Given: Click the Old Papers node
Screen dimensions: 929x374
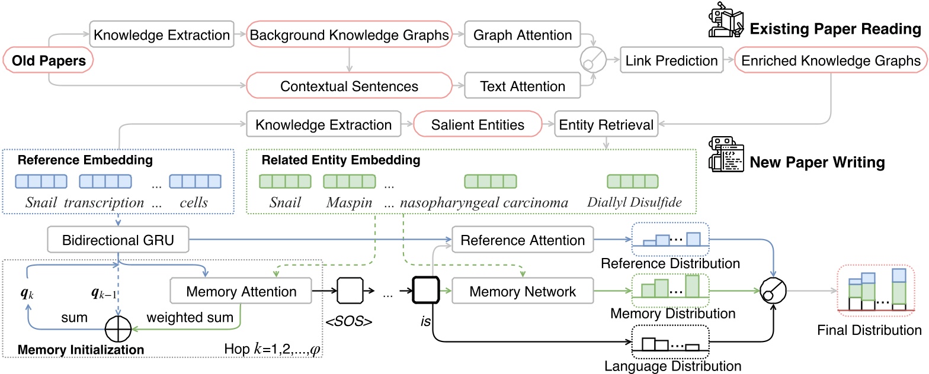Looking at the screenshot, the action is pyautogui.click(x=48, y=60).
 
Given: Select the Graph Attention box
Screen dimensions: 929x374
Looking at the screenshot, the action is pyautogui.click(x=522, y=34).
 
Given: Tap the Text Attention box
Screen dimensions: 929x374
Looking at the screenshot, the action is pyautogui.click(x=522, y=86).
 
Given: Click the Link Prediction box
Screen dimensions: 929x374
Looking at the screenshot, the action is pyautogui.click(x=671, y=60).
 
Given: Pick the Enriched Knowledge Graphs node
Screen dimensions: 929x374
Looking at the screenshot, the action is pyautogui.click(x=831, y=60).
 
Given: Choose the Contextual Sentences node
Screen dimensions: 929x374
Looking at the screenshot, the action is pyautogui.click(x=349, y=86).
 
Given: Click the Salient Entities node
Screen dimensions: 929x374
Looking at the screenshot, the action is pyautogui.click(x=478, y=124).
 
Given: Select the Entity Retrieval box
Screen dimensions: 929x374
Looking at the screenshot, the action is pyautogui.click(x=606, y=124).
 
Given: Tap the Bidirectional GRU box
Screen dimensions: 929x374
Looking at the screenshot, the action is pyautogui.click(x=118, y=240).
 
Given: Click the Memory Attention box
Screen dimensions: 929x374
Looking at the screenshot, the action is pyautogui.click(x=241, y=291).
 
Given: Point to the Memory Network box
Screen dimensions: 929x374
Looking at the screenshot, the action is pyautogui.click(x=523, y=291).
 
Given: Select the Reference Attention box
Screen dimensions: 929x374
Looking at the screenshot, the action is pyautogui.click(x=523, y=240).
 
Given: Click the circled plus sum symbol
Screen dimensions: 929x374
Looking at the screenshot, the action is pyautogui.click(x=118, y=329).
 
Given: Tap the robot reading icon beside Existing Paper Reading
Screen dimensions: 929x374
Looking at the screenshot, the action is pyautogui.click(x=726, y=20).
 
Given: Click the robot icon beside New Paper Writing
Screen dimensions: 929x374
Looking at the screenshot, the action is pyautogui.click(x=726, y=154).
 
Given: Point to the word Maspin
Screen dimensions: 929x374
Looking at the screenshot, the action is pyautogui.click(x=349, y=202).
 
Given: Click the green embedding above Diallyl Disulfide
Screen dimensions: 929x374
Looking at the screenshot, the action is pyautogui.click(x=633, y=182).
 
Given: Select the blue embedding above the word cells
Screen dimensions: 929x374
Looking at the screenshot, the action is pyautogui.click(x=195, y=182).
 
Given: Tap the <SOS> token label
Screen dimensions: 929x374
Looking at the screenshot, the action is pyautogui.click(x=349, y=321).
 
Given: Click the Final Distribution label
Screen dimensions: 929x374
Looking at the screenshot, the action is pyautogui.click(x=869, y=330).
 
